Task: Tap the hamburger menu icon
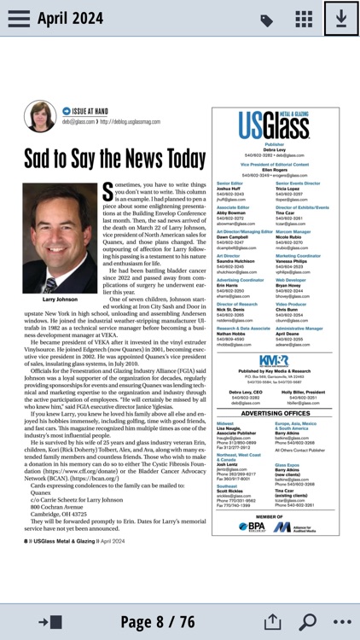tap(19, 19)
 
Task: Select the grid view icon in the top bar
tap(304, 20)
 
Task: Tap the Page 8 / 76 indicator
tap(157, 622)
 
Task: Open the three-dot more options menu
tap(342, 622)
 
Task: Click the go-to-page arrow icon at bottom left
tap(43, 622)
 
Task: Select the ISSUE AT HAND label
tap(90, 111)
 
